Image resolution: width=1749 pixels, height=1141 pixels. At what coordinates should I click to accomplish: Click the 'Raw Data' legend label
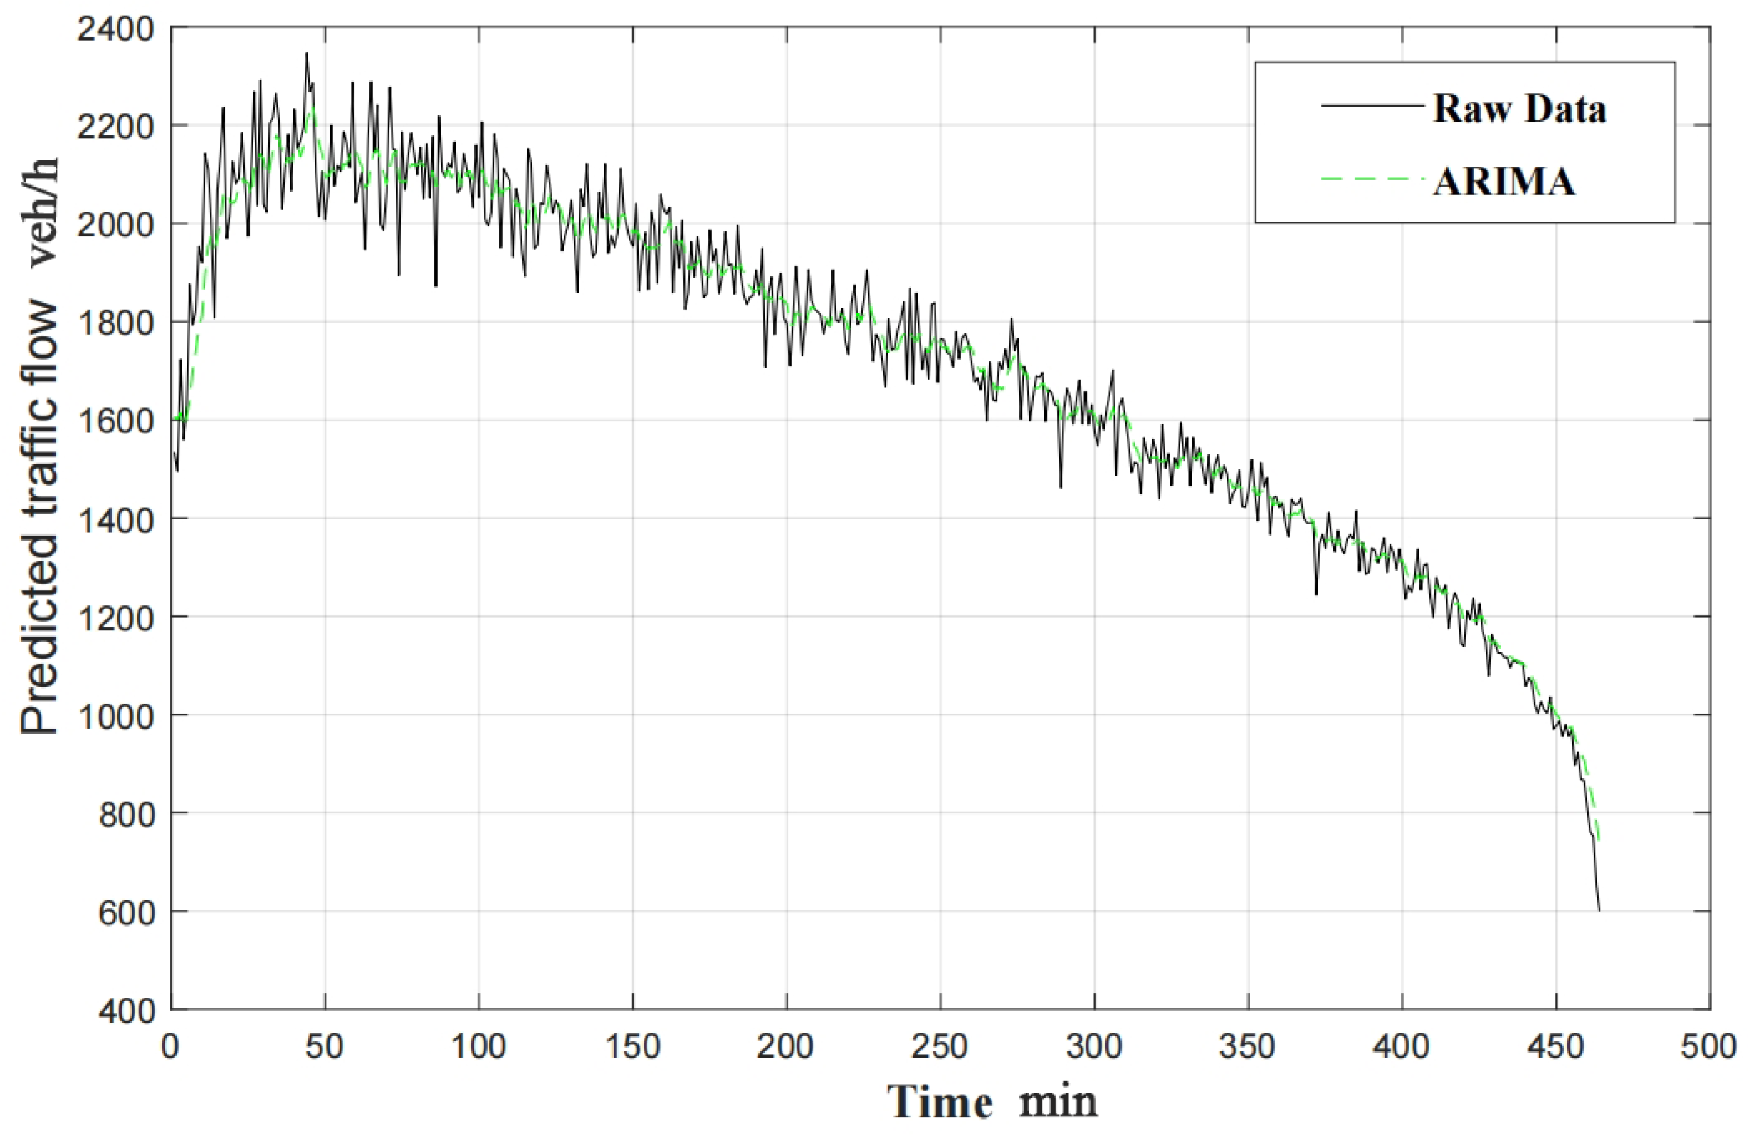coord(1519,109)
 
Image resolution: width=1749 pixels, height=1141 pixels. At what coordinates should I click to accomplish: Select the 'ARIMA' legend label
coord(1504,181)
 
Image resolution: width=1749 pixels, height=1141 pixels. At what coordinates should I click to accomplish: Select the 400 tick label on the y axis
coord(126,1011)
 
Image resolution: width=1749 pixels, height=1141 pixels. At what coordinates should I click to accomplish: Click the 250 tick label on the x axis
coord(940,1046)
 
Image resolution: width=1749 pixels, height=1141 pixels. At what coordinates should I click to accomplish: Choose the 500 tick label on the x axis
coord(1708,1046)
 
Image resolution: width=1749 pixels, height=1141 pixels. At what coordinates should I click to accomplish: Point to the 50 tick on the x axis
coord(324,1046)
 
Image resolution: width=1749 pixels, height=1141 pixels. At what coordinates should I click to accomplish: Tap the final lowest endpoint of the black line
coord(1599,910)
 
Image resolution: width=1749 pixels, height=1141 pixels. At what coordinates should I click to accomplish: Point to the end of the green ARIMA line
coord(1598,840)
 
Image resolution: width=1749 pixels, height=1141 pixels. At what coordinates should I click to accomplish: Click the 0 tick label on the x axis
coord(171,1046)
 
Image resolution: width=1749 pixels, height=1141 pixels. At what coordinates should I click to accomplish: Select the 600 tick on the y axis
coord(126,912)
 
